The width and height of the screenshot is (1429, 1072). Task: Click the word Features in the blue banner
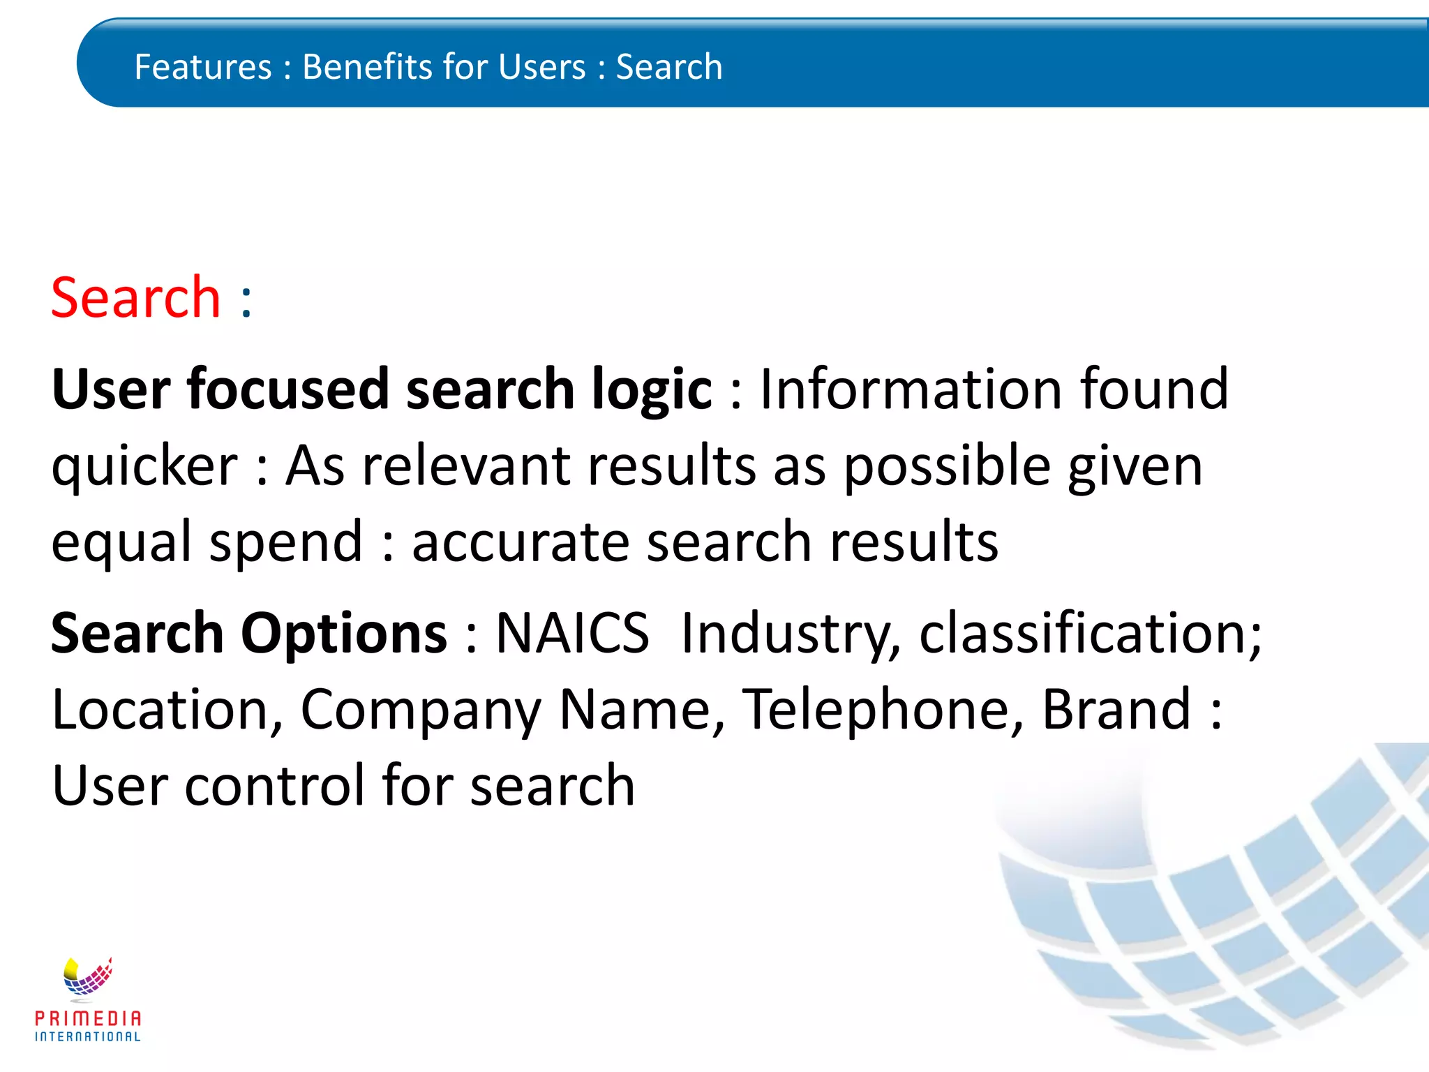pos(202,67)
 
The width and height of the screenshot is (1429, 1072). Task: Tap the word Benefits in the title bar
pos(366,67)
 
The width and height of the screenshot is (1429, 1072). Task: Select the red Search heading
pos(136,298)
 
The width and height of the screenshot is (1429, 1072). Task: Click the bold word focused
pos(287,389)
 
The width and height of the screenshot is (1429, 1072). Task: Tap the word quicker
pos(144,467)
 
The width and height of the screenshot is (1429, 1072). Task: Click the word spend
pos(286,544)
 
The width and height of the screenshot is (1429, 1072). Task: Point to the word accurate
pos(521,544)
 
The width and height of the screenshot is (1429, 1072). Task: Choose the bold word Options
pos(343,634)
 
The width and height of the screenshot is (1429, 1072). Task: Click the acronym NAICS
pos(572,633)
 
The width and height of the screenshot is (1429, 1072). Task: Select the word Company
pos(421,710)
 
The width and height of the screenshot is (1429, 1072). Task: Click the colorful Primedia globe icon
pos(87,977)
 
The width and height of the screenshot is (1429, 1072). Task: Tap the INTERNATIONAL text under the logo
pos(88,1036)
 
